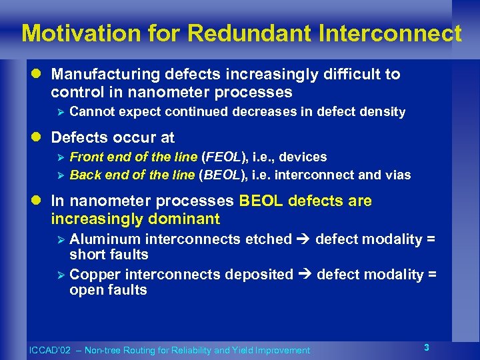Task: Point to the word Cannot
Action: tap(91, 112)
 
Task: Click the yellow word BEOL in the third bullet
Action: tap(260, 201)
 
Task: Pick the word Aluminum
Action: tap(105, 239)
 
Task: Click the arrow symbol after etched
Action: tap(303, 239)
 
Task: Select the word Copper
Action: tap(93, 275)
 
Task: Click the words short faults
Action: tap(109, 255)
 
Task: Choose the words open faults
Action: tap(108, 290)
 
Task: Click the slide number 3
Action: tap(427, 347)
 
